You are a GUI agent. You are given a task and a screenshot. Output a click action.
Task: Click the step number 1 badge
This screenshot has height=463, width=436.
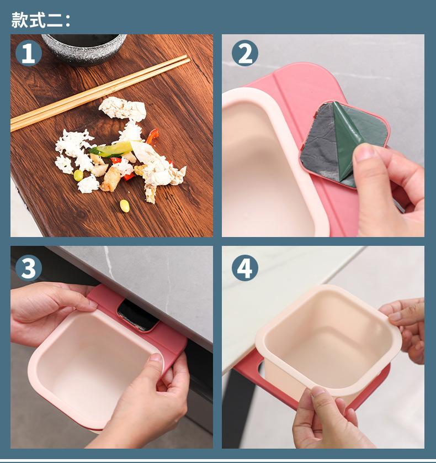tap(28, 54)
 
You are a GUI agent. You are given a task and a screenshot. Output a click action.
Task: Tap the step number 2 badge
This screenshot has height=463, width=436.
tap(245, 54)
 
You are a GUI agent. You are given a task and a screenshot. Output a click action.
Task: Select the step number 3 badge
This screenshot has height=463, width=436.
tap(28, 268)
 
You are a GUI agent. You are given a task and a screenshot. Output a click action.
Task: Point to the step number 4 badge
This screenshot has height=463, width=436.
tap(245, 268)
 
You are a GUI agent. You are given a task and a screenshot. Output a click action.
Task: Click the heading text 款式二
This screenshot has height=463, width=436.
tap(41, 20)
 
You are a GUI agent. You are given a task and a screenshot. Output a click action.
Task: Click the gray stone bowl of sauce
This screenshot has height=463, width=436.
tap(84, 48)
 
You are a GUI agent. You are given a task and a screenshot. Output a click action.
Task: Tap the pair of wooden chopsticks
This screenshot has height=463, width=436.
tap(100, 93)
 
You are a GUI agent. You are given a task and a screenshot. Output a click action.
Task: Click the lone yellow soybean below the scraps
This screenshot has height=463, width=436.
tap(125, 206)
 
